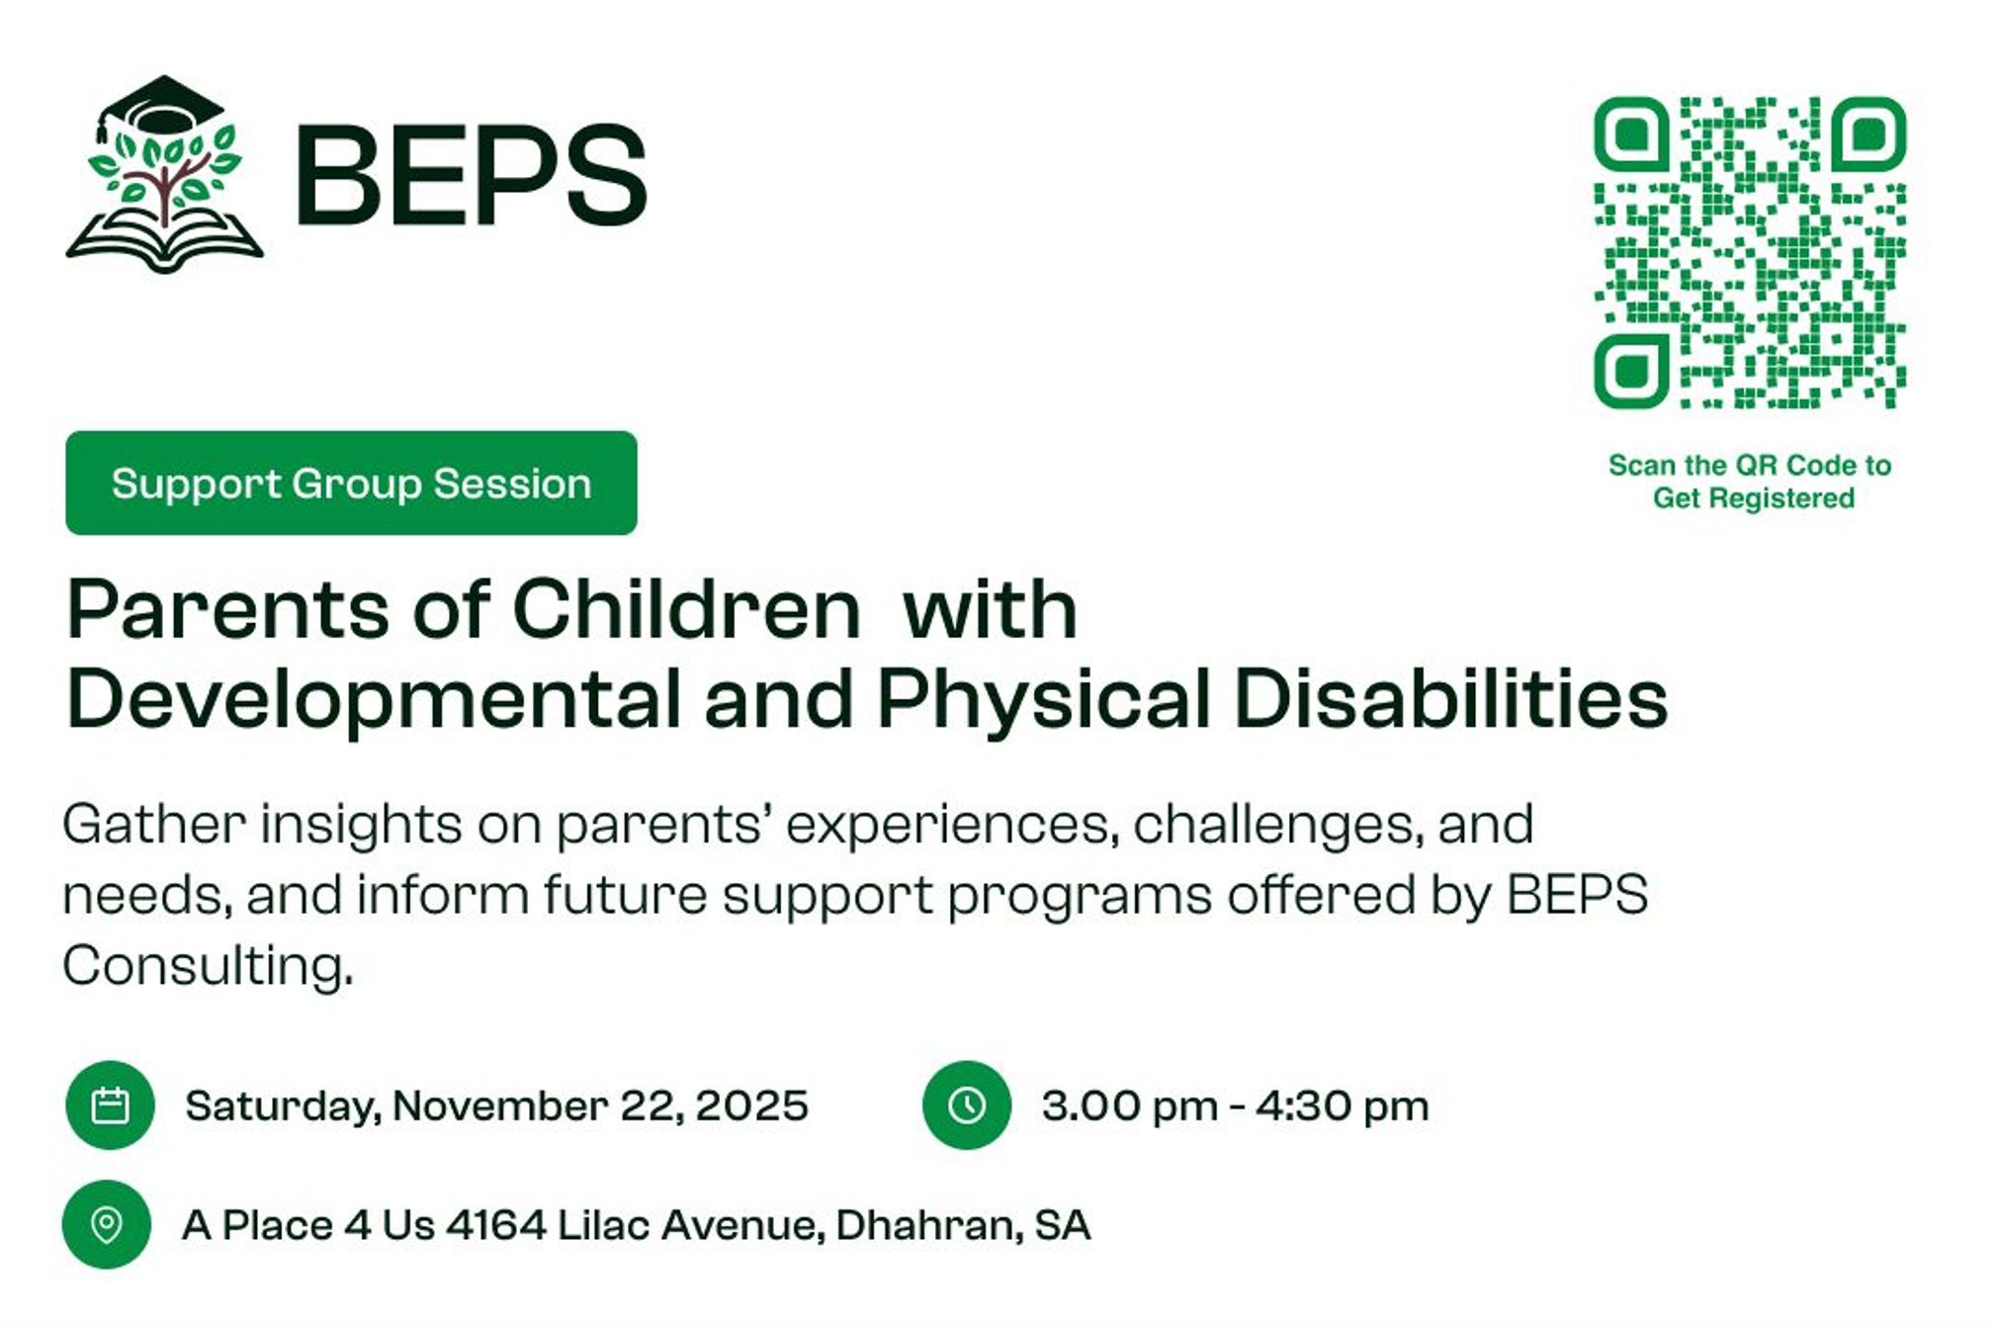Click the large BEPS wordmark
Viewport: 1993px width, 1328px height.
coord(471,176)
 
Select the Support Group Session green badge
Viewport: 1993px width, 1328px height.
coord(352,485)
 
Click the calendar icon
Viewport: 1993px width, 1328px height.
coord(110,1107)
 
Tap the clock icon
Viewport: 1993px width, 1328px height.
coord(967,1107)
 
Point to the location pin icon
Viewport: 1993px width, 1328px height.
coord(107,1226)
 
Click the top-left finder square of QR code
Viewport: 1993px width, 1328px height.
coord(1632,134)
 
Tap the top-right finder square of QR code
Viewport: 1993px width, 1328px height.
coord(1868,134)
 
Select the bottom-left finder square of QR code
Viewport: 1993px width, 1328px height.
coord(1632,371)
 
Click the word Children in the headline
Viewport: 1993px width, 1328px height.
coord(686,610)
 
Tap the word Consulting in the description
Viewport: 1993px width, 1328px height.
coord(207,966)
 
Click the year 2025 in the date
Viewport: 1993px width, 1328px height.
coord(752,1107)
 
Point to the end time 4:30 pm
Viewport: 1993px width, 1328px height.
coord(1343,1107)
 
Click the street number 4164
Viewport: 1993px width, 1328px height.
coord(496,1226)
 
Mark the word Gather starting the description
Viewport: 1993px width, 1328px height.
coord(154,825)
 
